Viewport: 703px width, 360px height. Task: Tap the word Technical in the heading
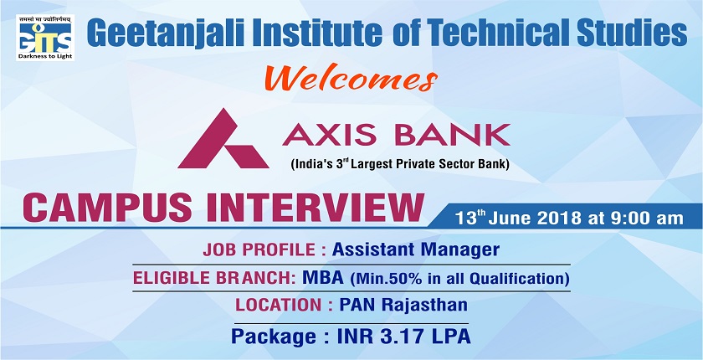click(x=485, y=33)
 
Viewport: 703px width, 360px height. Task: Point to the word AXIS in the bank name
click(x=324, y=133)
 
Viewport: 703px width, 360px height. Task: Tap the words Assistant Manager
click(x=416, y=249)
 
